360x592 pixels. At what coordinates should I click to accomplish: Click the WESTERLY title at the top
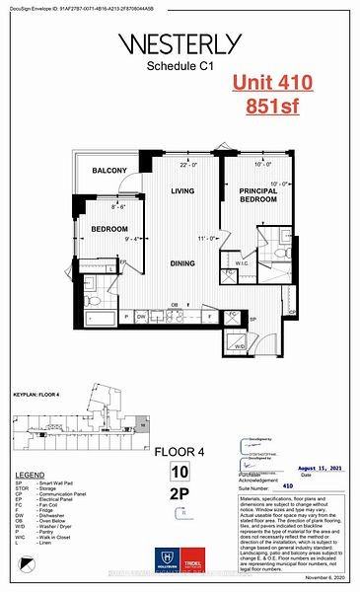pos(180,42)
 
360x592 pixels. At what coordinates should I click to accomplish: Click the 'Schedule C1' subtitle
pos(180,67)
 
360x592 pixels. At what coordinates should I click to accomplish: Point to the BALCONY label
pos(109,172)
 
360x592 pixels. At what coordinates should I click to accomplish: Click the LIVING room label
pos(181,191)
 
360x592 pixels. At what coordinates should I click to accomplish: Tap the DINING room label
pos(180,262)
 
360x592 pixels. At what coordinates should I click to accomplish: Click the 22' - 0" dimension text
pos(181,166)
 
